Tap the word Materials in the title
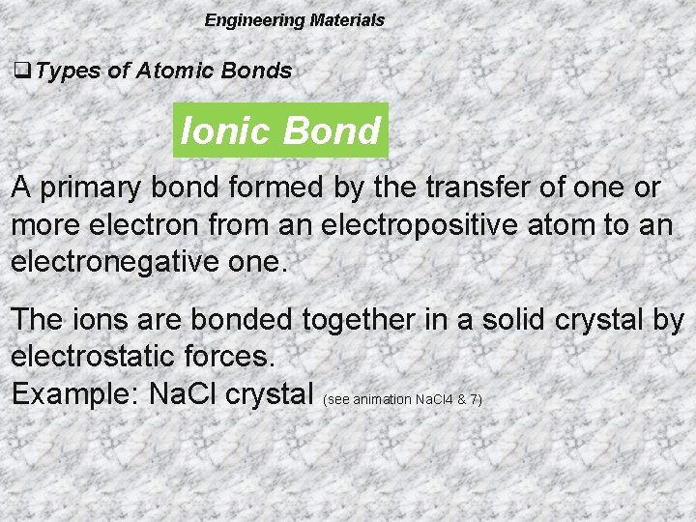click(x=347, y=20)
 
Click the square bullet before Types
click(x=20, y=71)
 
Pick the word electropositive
click(x=446, y=225)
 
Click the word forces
click(x=227, y=357)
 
